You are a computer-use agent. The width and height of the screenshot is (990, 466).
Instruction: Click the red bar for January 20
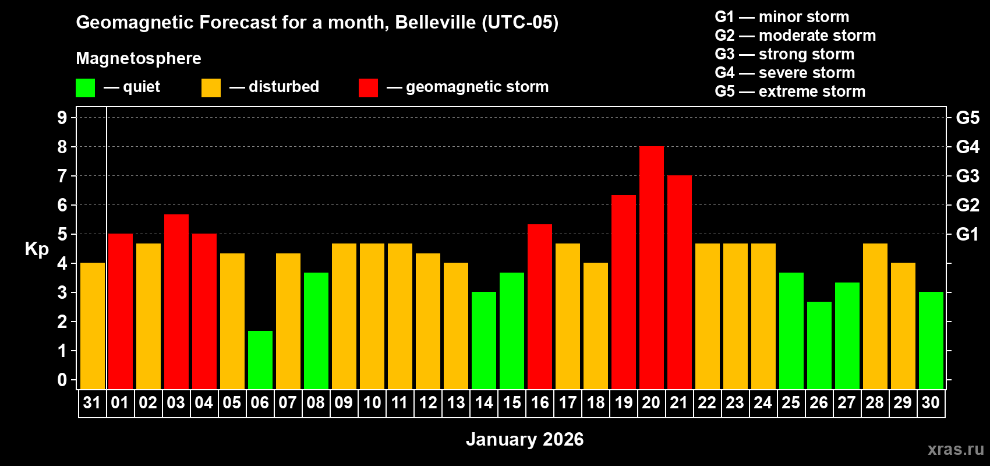(x=651, y=268)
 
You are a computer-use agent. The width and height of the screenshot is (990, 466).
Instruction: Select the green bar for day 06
(x=260, y=360)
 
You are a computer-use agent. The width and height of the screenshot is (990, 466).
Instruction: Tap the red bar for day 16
(x=540, y=306)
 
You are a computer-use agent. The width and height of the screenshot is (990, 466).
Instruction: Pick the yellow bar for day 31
(x=93, y=326)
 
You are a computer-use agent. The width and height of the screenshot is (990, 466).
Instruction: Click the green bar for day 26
(x=819, y=345)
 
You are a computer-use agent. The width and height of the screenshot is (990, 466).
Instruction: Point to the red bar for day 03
(x=176, y=302)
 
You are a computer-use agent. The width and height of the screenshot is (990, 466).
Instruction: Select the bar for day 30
(x=931, y=341)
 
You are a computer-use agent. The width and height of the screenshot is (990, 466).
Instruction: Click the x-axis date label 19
(x=623, y=403)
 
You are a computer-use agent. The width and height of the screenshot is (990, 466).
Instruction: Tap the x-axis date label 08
(x=316, y=403)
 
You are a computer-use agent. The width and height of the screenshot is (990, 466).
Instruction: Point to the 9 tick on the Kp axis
(x=62, y=118)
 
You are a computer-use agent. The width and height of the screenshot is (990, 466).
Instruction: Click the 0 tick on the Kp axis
(x=62, y=380)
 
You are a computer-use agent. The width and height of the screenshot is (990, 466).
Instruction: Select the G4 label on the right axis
(x=967, y=147)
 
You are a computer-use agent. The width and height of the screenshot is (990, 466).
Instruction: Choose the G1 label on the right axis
(x=967, y=234)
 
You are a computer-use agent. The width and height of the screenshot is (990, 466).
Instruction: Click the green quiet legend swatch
(x=85, y=88)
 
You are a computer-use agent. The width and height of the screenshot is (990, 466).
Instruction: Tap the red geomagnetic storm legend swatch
(x=368, y=88)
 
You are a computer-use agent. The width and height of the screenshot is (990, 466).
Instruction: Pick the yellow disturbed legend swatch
(x=211, y=88)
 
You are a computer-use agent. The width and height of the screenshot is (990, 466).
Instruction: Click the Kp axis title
(x=37, y=249)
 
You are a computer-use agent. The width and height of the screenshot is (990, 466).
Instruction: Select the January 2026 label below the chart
(x=524, y=439)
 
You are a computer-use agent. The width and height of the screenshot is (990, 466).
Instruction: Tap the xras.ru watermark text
(x=955, y=449)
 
